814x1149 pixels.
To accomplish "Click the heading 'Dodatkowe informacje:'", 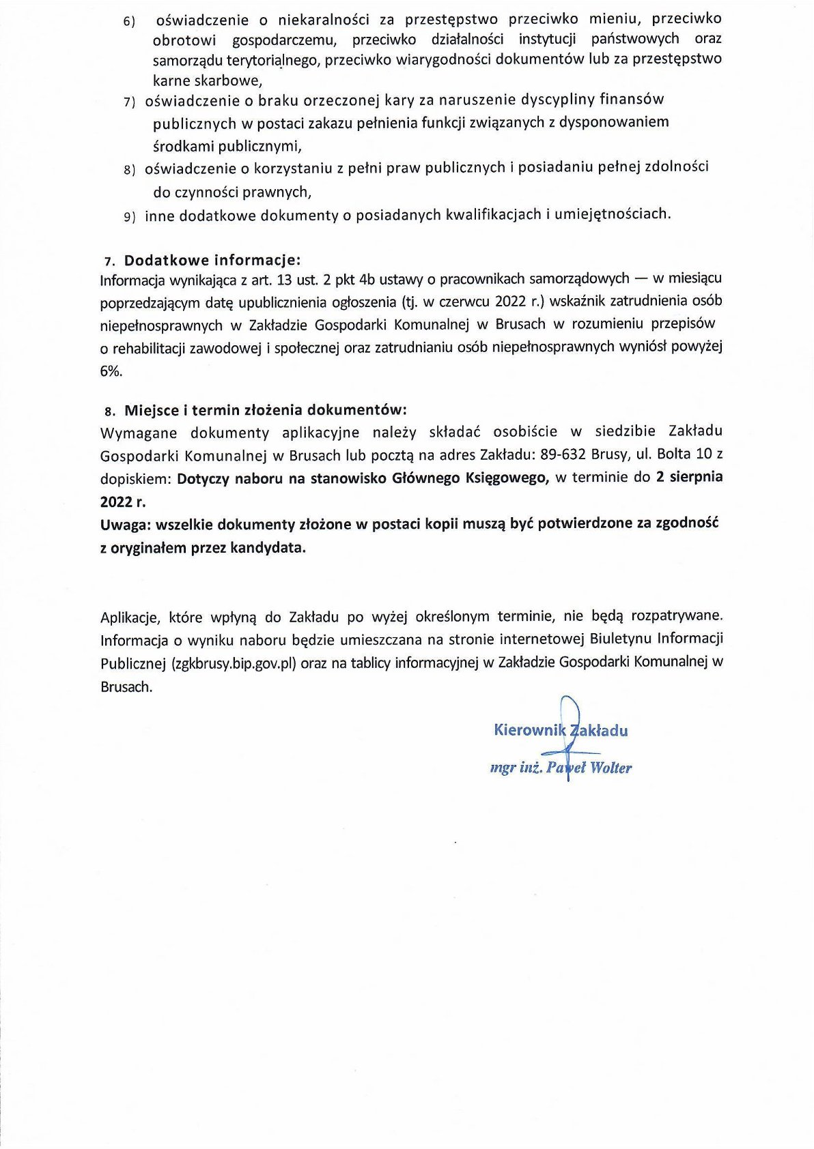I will (x=212, y=260).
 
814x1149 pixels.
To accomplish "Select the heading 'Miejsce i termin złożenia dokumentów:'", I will (x=265, y=410).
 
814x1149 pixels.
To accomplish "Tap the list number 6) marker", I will (x=130, y=22).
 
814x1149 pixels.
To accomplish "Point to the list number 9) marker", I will (x=130, y=217).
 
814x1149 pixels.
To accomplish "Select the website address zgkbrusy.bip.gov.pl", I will (x=234, y=663).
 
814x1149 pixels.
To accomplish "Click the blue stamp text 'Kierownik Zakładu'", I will (x=561, y=730).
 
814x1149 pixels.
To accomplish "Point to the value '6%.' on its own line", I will (x=111, y=371).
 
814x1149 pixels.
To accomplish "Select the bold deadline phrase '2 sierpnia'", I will (x=689, y=477).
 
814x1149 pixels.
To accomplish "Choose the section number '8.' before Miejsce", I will (x=110, y=411).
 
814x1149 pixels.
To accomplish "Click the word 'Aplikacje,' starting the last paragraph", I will (x=130, y=617).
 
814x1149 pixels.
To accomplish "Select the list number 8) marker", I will (x=130, y=169).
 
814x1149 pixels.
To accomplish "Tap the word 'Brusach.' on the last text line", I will (x=126, y=687).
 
